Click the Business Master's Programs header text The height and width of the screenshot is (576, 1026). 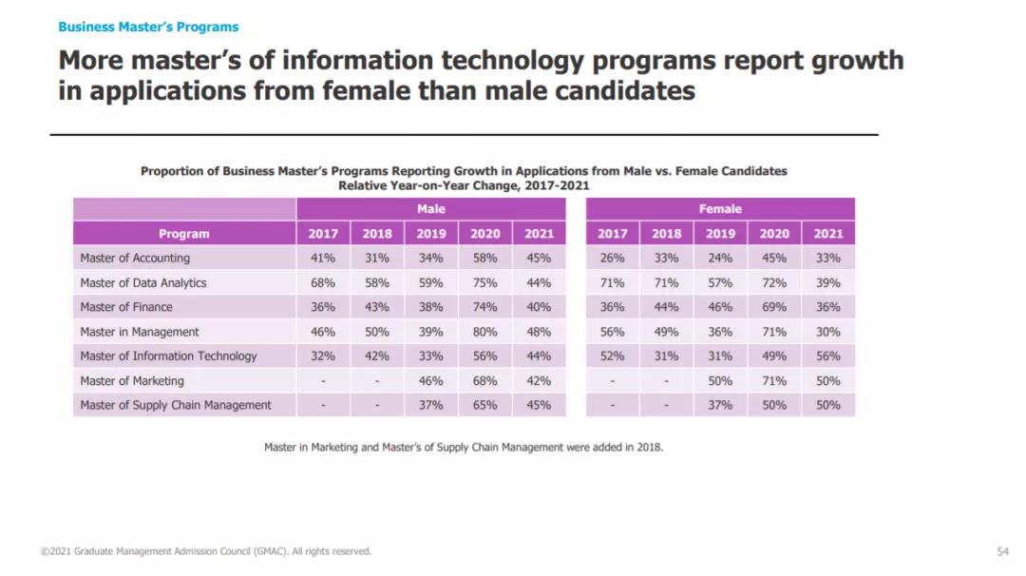coord(148,27)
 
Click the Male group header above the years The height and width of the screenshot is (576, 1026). coord(430,209)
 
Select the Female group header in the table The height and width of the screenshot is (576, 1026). coord(720,209)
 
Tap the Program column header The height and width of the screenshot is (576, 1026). coord(184,234)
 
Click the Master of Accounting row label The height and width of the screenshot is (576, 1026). coord(135,259)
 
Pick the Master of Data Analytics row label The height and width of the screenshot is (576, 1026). coord(143,283)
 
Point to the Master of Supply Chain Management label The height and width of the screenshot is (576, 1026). coord(176,406)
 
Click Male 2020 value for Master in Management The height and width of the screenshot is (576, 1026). coord(484,333)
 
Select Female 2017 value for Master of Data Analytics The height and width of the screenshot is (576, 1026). coord(612,283)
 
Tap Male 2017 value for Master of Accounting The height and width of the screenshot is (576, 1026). coord(323,259)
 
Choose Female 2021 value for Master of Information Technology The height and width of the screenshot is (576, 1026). coord(827,356)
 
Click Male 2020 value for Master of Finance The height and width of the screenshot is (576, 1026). coord(484,308)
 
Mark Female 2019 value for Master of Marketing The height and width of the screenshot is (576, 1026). coord(720,381)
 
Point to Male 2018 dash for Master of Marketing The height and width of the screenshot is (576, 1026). coord(377,381)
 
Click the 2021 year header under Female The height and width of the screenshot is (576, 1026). coord(827,234)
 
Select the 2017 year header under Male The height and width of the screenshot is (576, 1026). coord(323,234)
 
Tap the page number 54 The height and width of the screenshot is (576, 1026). coord(1003,551)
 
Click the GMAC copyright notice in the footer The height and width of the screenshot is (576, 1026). coord(206,551)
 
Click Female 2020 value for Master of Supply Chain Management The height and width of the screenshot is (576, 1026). coord(773,406)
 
